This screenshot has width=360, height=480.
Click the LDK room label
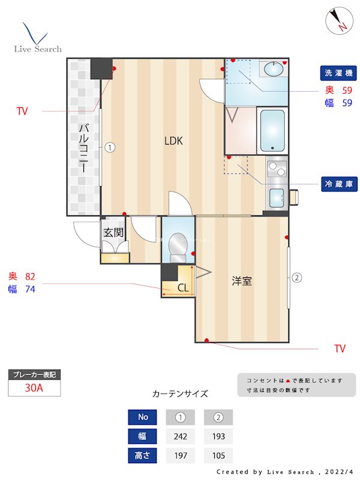click(173, 142)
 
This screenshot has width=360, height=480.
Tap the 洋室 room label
click(242, 281)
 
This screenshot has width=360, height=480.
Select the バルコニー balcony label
click(84, 148)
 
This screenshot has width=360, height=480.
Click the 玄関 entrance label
click(113, 232)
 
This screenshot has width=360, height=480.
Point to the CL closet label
click(183, 288)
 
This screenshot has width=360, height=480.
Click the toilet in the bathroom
click(178, 246)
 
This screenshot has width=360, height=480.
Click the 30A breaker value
click(34, 388)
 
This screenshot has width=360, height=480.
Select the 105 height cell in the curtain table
click(218, 455)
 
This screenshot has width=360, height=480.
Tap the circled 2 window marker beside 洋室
click(296, 277)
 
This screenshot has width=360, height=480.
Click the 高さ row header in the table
click(143, 455)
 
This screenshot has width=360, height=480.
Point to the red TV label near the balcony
click(22, 111)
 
